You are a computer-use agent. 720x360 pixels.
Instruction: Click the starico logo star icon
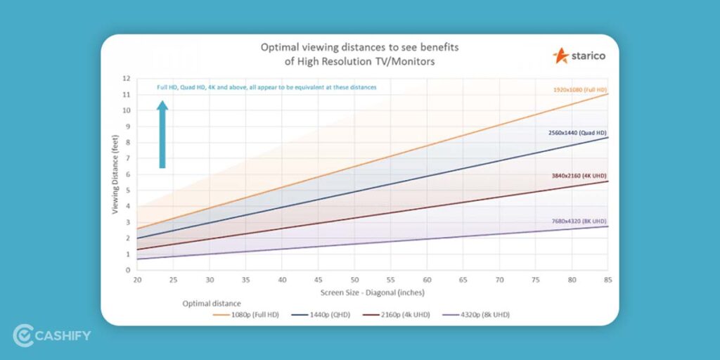click(x=561, y=55)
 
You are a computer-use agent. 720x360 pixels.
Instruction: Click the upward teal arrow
click(x=162, y=134)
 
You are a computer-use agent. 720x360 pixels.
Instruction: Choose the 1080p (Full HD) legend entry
click(x=246, y=314)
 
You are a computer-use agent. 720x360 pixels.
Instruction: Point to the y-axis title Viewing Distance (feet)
click(x=114, y=174)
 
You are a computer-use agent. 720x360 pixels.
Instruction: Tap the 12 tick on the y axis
click(x=127, y=78)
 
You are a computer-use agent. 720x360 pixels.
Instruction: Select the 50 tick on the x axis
click(x=354, y=279)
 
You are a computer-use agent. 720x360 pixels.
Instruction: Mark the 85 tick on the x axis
click(x=607, y=279)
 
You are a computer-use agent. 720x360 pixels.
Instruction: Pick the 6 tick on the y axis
click(x=128, y=174)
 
